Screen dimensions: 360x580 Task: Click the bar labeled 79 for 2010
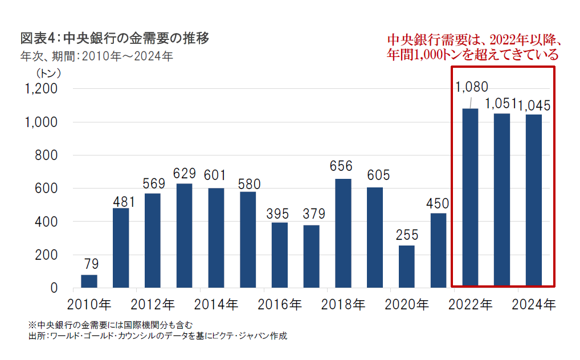click(89, 281)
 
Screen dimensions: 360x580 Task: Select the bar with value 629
click(184, 235)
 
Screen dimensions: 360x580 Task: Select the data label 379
click(311, 214)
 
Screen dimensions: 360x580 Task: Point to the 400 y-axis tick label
click(46, 222)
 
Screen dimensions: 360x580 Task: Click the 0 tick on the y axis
click(54, 288)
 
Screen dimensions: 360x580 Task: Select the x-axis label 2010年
click(89, 305)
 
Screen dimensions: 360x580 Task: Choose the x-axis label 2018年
click(343, 305)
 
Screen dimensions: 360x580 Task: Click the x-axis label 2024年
click(534, 305)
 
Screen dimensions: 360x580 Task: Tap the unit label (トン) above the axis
click(48, 73)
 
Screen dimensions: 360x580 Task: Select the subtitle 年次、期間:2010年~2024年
click(96, 56)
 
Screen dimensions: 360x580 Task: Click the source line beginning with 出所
click(157, 336)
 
